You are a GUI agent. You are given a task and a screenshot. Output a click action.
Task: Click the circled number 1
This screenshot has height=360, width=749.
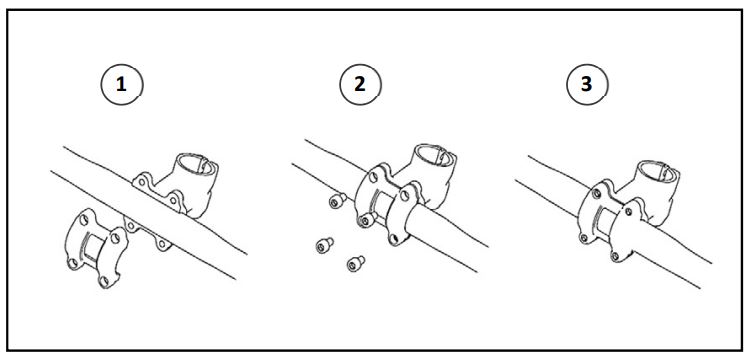pyautogui.click(x=122, y=85)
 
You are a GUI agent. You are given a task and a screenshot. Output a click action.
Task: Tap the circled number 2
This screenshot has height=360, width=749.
pyautogui.click(x=360, y=85)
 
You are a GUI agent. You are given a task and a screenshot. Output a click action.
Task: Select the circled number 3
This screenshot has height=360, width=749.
pyautogui.click(x=587, y=85)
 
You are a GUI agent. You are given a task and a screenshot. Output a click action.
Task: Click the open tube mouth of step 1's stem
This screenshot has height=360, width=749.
pyautogui.click(x=195, y=164)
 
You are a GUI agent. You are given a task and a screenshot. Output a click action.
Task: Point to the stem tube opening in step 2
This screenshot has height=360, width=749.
pyautogui.click(x=433, y=155)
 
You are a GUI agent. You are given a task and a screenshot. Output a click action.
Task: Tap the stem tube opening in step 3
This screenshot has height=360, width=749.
pyautogui.click(x=658, y=172)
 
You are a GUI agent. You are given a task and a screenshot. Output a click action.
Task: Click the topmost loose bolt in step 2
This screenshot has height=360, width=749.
pyautogui.click(x=337, y=201)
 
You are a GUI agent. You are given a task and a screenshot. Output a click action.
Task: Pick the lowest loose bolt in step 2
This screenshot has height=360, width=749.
pyautogui.click(x=355, y=264)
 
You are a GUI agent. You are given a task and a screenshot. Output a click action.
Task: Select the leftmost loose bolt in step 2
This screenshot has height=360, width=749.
pyautogui.click(x=324, y=245)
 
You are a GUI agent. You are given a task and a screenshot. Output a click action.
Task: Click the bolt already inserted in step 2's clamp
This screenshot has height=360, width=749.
pyautogui.click(x=366, y=220)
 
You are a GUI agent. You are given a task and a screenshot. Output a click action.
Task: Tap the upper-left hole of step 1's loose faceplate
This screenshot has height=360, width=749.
pyautogui.click(x=84, y=220)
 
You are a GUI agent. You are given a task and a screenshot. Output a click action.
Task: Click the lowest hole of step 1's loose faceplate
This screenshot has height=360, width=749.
pyautogui.click(x=104, y=281)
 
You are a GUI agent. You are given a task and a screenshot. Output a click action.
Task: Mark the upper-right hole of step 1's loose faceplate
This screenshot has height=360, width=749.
pyautogui.click(x=115, y=238)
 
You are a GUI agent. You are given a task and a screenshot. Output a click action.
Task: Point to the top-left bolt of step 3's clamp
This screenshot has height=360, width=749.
pyautogui.click(x=597, y=194)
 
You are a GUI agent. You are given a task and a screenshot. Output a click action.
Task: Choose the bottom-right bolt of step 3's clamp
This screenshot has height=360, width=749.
pyautogui.click(x=615, y=256)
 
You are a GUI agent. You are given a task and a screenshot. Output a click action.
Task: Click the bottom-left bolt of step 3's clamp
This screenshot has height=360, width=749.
pyautogui.click(x=584, y=237)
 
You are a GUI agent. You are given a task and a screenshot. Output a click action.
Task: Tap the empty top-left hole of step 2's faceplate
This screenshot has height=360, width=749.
pyautogui.click(x=374, y=178)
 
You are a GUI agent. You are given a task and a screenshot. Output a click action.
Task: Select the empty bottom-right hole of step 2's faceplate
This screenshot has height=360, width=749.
pyautogui.click(x=393, y=237)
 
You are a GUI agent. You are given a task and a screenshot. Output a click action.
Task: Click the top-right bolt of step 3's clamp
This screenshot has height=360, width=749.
pyautogui.click(x=629, y=211)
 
